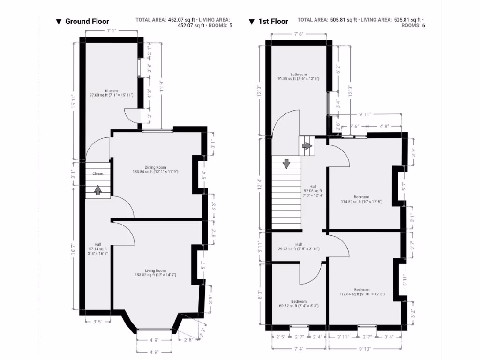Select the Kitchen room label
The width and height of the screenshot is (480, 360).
point(112,93)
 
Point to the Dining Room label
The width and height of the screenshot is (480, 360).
point(155,169)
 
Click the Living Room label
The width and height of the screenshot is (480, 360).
point(155,272)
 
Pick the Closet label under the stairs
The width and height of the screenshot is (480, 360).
point(97,173)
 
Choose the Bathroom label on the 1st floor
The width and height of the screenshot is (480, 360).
point(298,76)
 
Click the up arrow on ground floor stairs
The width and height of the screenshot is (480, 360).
point(97,190)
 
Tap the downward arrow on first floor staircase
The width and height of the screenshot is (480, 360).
point(286,164)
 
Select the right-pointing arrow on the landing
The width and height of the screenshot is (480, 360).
point(307,146)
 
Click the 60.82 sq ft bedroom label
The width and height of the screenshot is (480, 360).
point(299,304)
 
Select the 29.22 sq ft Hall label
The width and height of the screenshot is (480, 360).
point(299,247)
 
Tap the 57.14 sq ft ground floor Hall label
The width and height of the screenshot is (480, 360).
point(97,248)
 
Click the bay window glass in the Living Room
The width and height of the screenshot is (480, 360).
point(154,329)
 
